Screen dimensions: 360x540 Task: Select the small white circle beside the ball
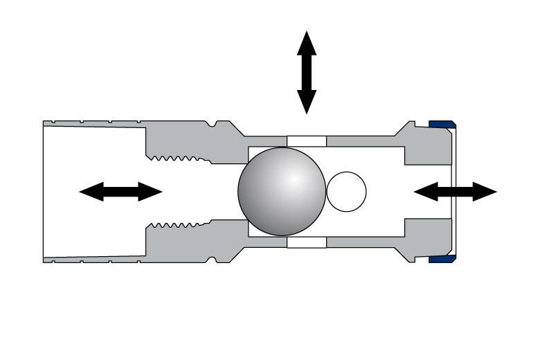[x=346, y=192]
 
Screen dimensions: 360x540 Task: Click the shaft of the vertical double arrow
[x=307, y=73]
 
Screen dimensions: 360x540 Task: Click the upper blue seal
[x=441, y=125]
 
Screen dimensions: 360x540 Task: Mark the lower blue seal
[x=441, y=259]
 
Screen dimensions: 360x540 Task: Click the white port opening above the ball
[x=306, y=141]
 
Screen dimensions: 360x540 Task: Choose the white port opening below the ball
[x=306, y=243]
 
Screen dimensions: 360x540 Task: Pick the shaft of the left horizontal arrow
[x=121, y=192]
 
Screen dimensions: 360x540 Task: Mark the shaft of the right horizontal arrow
[x=456, y=192]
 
